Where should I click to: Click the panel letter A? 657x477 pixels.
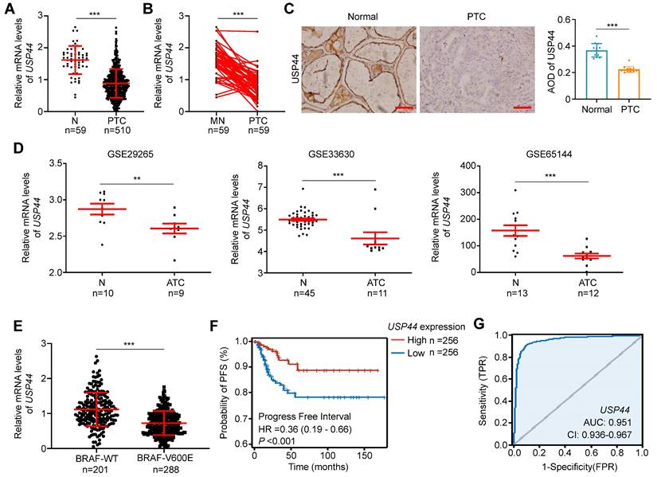point(7,8)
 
